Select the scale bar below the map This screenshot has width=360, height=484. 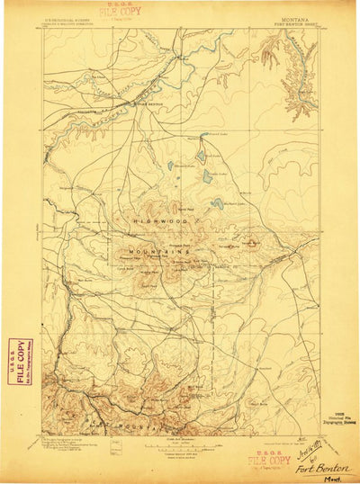[180, 445]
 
